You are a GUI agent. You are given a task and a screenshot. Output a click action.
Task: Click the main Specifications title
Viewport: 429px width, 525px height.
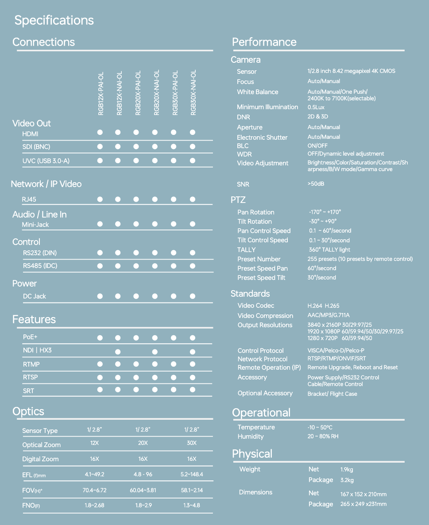[x=54, y=20]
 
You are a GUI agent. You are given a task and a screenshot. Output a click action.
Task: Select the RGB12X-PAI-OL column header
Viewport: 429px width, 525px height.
[x=101, y=93]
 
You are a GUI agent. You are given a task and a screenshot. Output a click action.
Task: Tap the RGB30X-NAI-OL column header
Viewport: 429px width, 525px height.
[x=193, y=93]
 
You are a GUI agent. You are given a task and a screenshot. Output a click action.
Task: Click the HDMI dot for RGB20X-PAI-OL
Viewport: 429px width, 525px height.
[x=136, y=132]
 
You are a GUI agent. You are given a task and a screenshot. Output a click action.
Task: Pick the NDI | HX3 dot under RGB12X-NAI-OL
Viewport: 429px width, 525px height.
[x=118, y=352]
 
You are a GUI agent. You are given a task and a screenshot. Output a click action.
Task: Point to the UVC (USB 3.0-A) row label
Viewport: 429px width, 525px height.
[x=46, y=161]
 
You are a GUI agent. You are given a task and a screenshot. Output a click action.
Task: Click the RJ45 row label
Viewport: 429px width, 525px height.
[x=29, y=199]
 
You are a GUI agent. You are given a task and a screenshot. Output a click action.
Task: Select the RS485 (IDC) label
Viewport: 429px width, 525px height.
[x=40, y=266]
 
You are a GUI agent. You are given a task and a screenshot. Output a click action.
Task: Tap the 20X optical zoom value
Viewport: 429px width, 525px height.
[x=143, y=443]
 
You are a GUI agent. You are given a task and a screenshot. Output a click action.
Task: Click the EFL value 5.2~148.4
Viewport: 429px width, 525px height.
[x=192, y=474]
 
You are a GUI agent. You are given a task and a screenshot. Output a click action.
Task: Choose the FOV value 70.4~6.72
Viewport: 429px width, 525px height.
[x=94, y=491]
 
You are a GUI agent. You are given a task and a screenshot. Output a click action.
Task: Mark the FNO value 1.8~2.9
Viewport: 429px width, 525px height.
[x=143, y=505]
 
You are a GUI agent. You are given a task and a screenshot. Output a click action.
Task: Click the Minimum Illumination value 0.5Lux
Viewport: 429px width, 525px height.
[x=316, y=107]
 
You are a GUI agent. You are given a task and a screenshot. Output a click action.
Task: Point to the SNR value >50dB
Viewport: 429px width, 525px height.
[x=316, y=184]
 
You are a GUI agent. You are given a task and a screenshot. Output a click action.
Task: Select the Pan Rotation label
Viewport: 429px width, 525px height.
[x=256, y=212]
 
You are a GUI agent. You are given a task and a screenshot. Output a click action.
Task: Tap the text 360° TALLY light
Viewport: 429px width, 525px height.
[x=330, y=250]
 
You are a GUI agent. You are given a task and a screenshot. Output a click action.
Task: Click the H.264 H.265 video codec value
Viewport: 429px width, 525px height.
[x=323, y=306]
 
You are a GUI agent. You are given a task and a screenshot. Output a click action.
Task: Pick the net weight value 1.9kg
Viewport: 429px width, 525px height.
[x=347, y=470]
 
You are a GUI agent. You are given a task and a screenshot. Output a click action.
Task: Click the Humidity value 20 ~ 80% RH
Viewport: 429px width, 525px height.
[x=323, y=437]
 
